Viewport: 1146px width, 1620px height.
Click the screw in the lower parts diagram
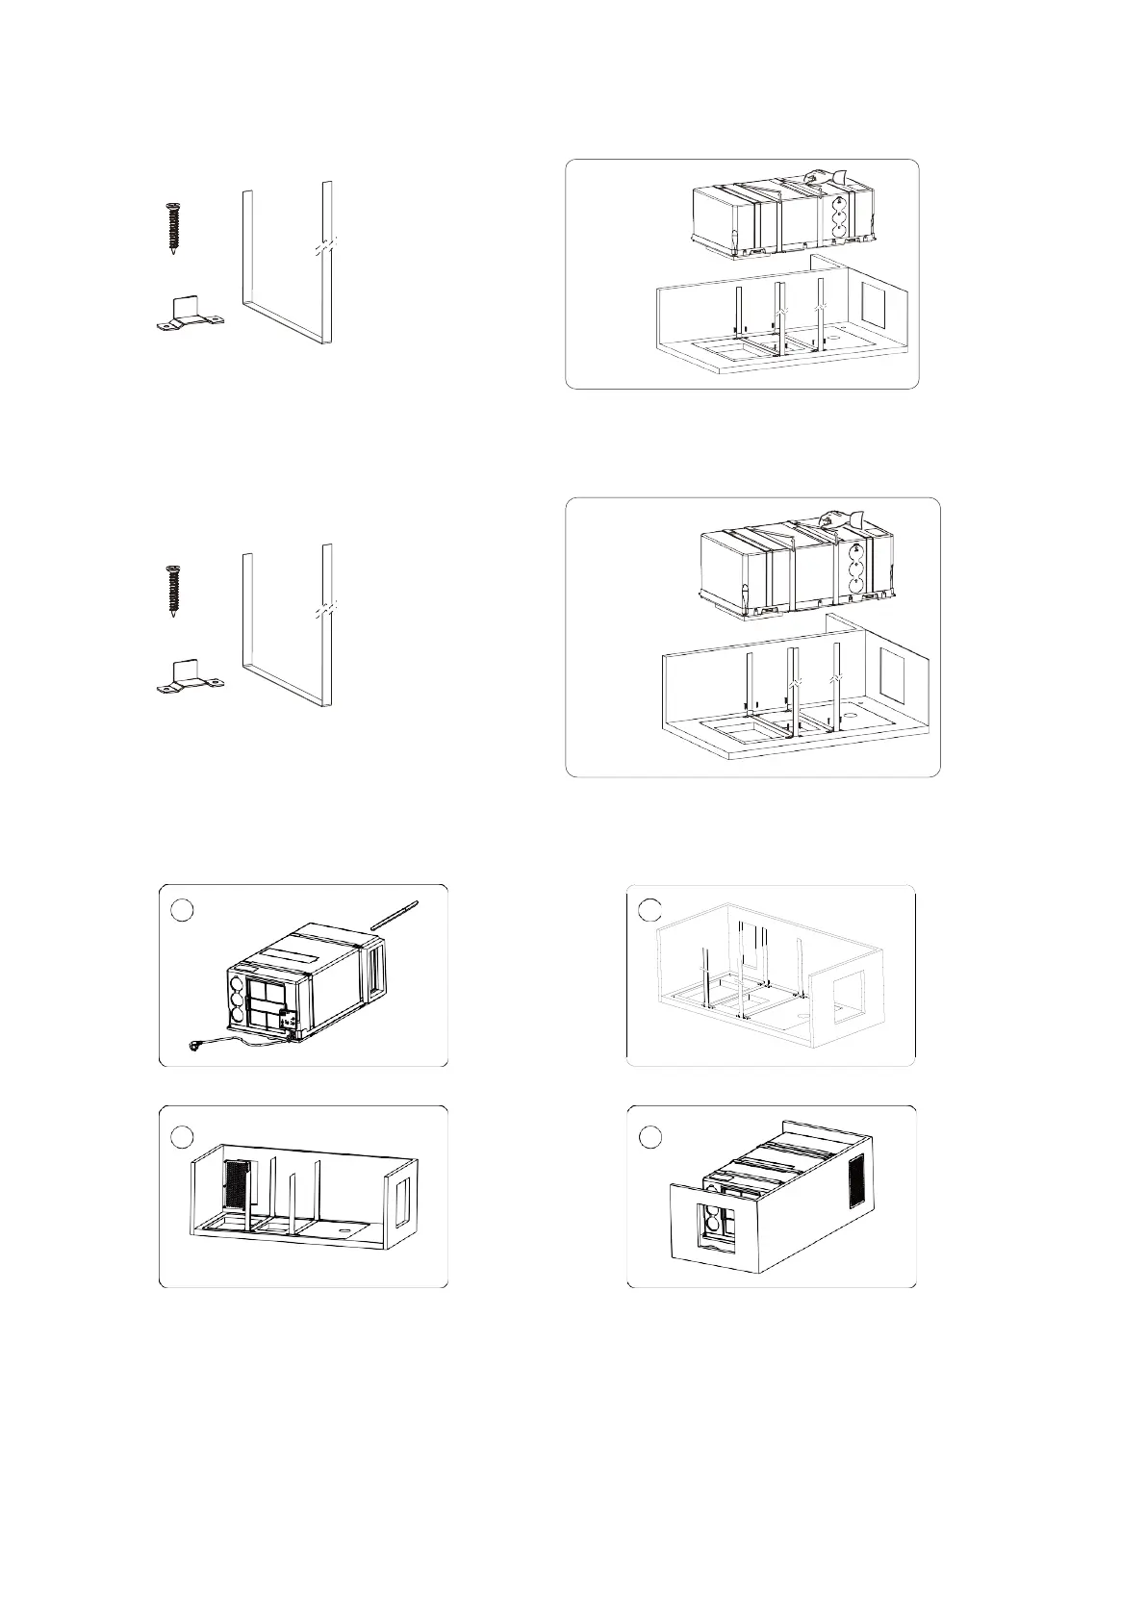coord(173,591)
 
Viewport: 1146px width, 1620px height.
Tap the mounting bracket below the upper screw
coord(189,316)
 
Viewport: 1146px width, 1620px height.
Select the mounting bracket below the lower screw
coord(189,677)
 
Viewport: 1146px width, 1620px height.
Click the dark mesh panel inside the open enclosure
coord(236,1185)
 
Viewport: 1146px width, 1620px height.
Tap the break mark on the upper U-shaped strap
coord(326,247)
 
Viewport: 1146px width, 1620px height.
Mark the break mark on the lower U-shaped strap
coord(326,610)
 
